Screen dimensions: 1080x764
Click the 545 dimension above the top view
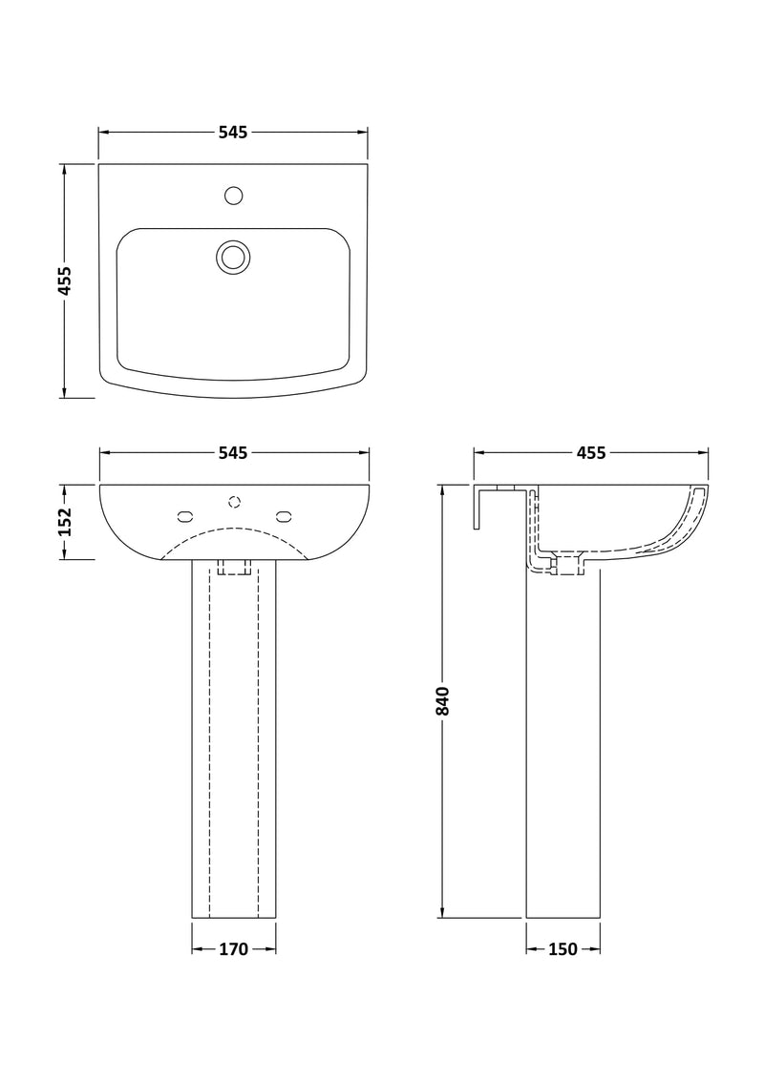point(233,133)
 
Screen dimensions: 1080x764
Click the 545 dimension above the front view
point(233,452)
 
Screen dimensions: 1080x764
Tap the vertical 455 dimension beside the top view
point(65,280)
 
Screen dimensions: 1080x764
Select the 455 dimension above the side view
point(590,452)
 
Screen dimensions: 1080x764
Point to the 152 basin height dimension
point(65,521)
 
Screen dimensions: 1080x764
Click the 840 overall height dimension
point(442,700)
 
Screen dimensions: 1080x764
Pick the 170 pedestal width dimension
point(233,949)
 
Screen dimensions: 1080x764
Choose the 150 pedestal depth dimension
point(563,949)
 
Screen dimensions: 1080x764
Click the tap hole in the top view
point(233,197)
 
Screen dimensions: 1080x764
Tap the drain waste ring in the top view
point(232,256)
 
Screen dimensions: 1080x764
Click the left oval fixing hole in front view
point(185,517)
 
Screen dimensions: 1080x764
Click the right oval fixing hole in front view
point(283,517)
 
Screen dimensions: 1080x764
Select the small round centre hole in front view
point(234,501)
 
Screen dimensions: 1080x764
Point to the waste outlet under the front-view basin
point(234,567)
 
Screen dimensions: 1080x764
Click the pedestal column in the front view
point(234,744)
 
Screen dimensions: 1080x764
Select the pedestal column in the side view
point(563,744)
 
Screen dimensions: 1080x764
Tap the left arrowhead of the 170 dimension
point(197,949)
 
